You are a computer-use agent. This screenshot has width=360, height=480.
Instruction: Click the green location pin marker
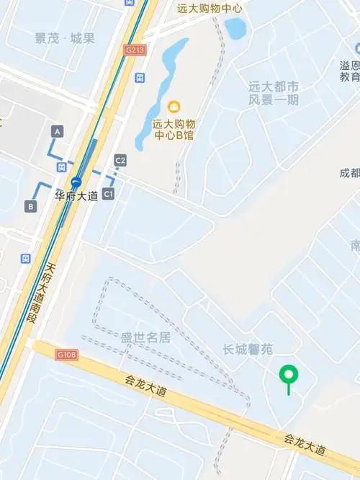[289, 375]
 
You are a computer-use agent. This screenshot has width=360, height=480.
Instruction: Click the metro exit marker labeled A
[58, 130]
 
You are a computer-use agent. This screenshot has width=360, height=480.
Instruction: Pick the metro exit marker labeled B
[31, 207]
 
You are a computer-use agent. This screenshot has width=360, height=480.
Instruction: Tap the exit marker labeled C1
[108, 194]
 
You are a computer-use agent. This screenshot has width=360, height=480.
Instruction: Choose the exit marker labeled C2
[120, 160]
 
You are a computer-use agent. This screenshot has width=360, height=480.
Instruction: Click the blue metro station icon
[76, 182]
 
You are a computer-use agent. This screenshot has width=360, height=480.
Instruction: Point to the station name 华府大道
[76, 196]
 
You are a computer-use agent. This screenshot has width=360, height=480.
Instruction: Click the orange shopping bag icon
[173, 107]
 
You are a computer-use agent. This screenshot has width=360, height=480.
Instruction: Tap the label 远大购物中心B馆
[174, 129]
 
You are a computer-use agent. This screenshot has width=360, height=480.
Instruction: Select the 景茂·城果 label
[64, 38]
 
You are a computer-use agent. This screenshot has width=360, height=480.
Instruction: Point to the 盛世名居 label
[145, 337]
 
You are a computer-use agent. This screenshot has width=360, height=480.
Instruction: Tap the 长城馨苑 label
[248, 350]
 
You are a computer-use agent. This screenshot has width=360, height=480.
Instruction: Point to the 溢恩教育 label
[350, 71]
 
